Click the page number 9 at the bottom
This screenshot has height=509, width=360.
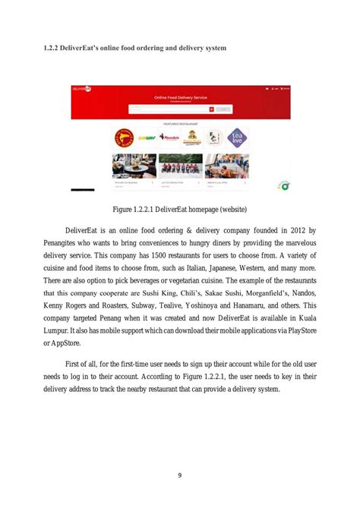pyautogui.click(x=179, y=476)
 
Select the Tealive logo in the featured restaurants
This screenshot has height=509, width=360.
pyautogui.click(x=237, y=138)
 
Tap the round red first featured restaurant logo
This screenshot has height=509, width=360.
pyautogui.click(x=122, y=138)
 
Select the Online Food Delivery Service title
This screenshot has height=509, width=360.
pyautogui.click(x=180, y=98)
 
